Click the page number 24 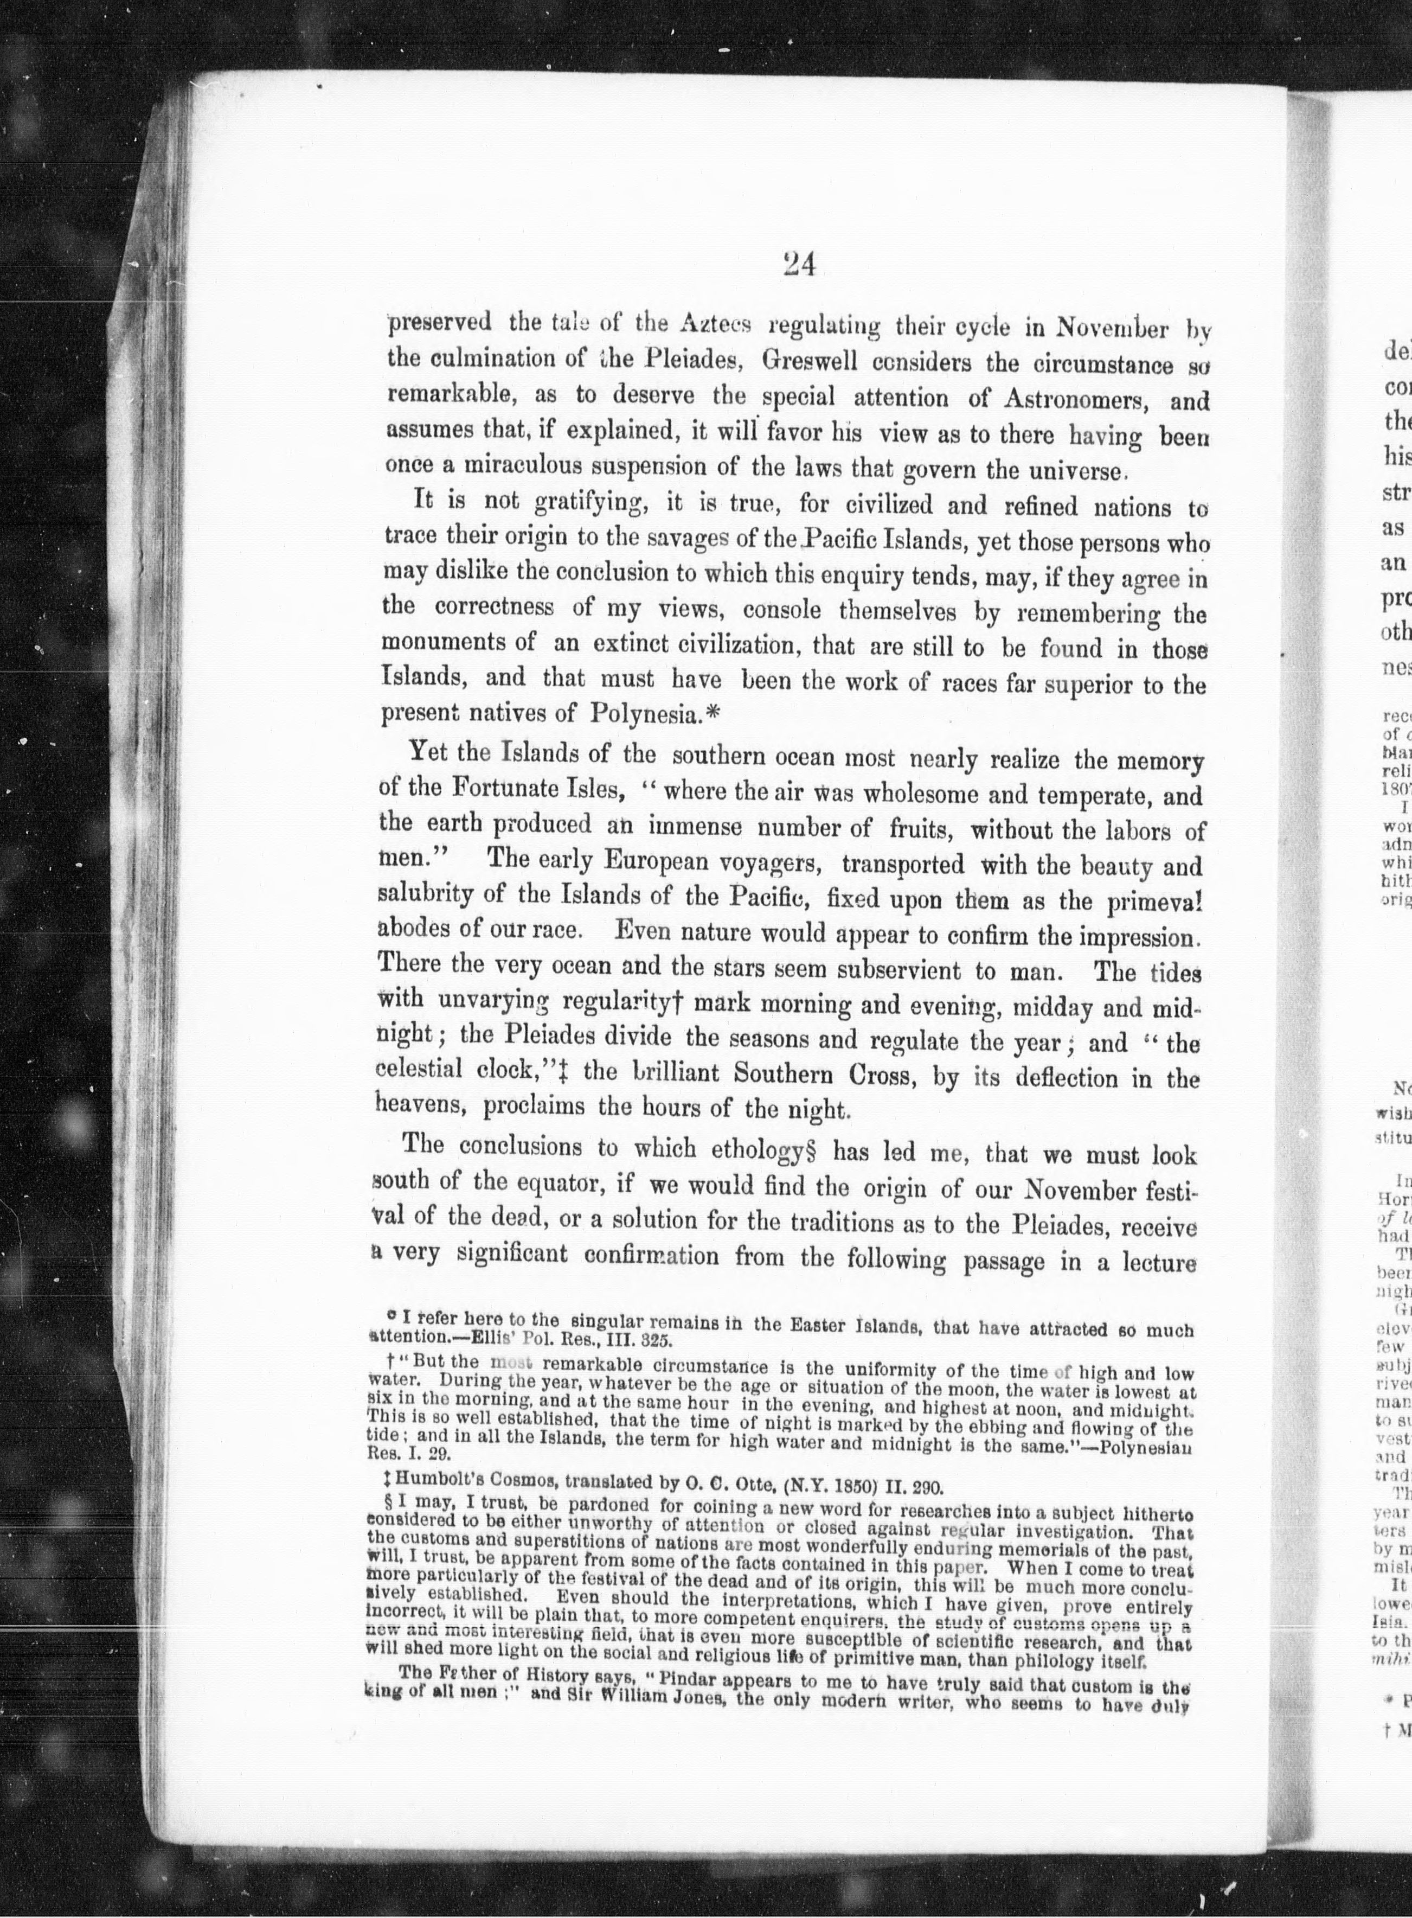click(798, 266)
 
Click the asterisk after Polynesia click(713, 712)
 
